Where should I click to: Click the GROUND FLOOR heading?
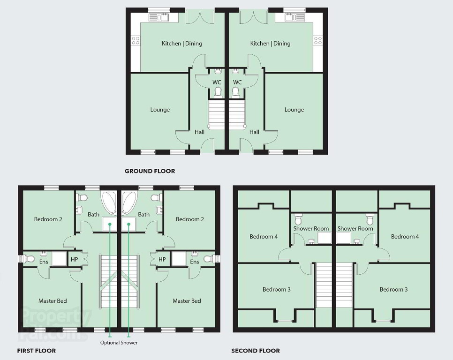(150, 171)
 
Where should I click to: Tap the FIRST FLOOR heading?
(37, 351)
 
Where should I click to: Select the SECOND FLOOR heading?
(256, 351)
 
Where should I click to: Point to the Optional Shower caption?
(119, 343)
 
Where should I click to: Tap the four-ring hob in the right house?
(318, 40)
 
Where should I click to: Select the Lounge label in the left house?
(160, 110)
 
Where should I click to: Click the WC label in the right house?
(237, 82)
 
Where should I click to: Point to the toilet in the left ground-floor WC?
(218, 92)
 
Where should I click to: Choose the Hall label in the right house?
(254, 132)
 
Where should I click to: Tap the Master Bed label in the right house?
(187, 301)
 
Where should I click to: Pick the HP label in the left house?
(74, 259)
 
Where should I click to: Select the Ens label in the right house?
(195, 262)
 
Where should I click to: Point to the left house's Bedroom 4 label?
(264, 237)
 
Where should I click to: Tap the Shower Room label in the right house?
(355, 228)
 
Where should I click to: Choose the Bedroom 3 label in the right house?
(393, 289)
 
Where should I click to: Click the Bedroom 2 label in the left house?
(48, 219)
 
